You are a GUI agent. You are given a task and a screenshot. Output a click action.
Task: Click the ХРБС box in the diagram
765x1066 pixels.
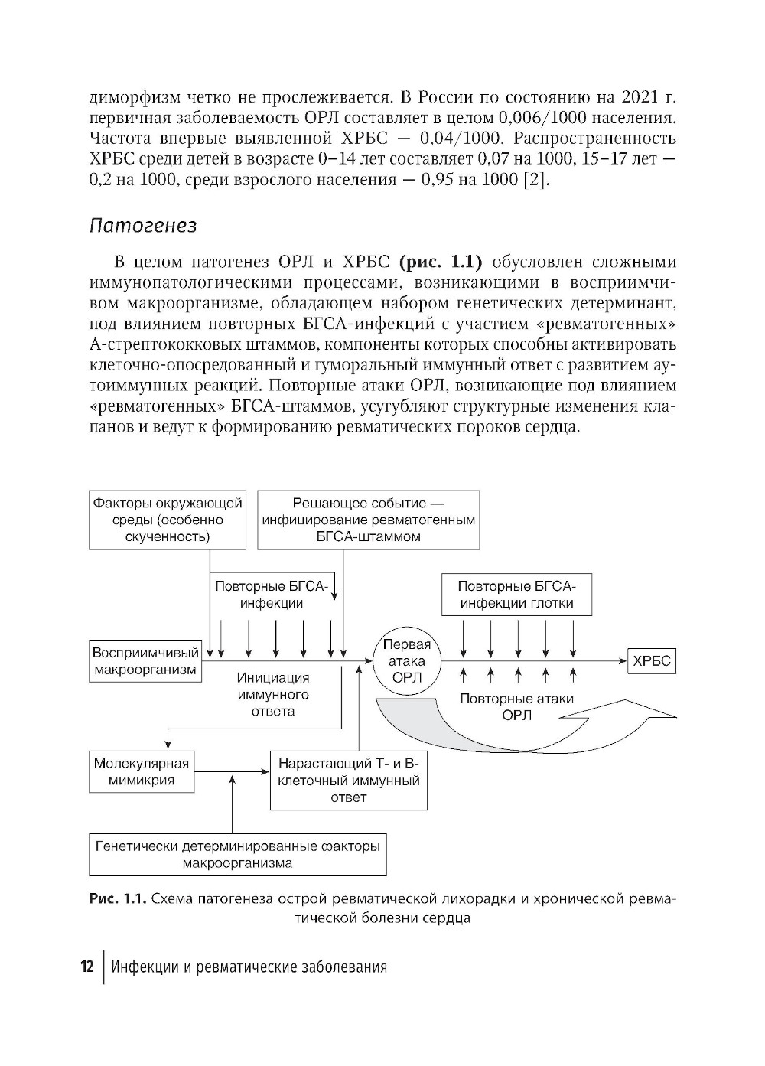click(652, 661)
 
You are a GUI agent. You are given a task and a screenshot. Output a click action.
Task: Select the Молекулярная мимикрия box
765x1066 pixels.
click(142, 772)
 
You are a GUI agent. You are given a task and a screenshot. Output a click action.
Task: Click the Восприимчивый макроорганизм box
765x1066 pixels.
click(145, 661)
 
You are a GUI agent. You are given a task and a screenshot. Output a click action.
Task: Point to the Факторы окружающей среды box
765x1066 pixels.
click(168, 520)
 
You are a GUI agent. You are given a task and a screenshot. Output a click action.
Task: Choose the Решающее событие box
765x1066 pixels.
click(368, 520)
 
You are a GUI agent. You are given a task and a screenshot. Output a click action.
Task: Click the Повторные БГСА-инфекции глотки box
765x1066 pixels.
click(516, 595)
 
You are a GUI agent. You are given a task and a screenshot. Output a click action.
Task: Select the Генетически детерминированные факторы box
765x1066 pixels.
click(237, 855)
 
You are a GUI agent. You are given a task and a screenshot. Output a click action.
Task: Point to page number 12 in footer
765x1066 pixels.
click(86, 967)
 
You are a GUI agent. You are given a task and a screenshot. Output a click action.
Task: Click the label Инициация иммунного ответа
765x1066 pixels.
click(273, 694)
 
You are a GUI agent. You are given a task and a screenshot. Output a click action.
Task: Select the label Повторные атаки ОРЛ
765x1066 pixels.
click(516, 707)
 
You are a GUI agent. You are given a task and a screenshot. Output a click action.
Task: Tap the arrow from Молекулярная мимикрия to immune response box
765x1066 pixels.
click(232, 772)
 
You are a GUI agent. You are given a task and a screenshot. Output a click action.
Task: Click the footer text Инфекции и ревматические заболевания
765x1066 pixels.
click(249, 967)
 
